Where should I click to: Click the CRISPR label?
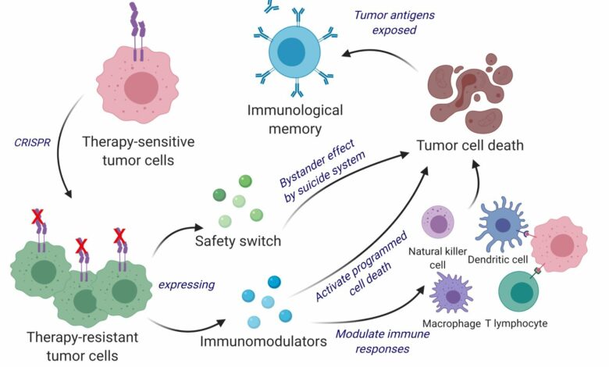pos(33,142)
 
